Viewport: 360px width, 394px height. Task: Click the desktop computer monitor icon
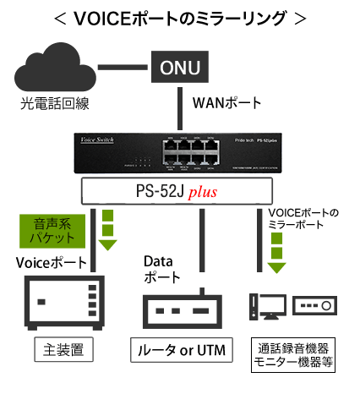267,305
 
